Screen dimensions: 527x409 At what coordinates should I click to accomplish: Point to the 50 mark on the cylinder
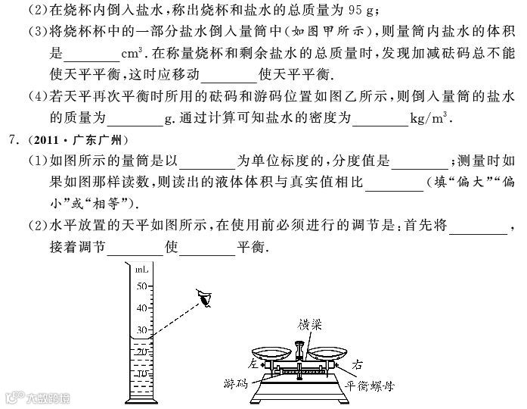click(141, 286)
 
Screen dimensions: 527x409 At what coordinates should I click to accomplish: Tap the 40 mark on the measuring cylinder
click(141, 309)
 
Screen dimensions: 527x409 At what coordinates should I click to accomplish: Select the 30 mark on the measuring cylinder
click(141, 331)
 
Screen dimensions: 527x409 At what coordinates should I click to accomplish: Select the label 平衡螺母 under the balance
click(370, 384)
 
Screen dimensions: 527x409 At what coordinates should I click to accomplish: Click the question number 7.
click(10, 141)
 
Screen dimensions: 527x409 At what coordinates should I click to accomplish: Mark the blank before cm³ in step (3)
click(92, 57)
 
